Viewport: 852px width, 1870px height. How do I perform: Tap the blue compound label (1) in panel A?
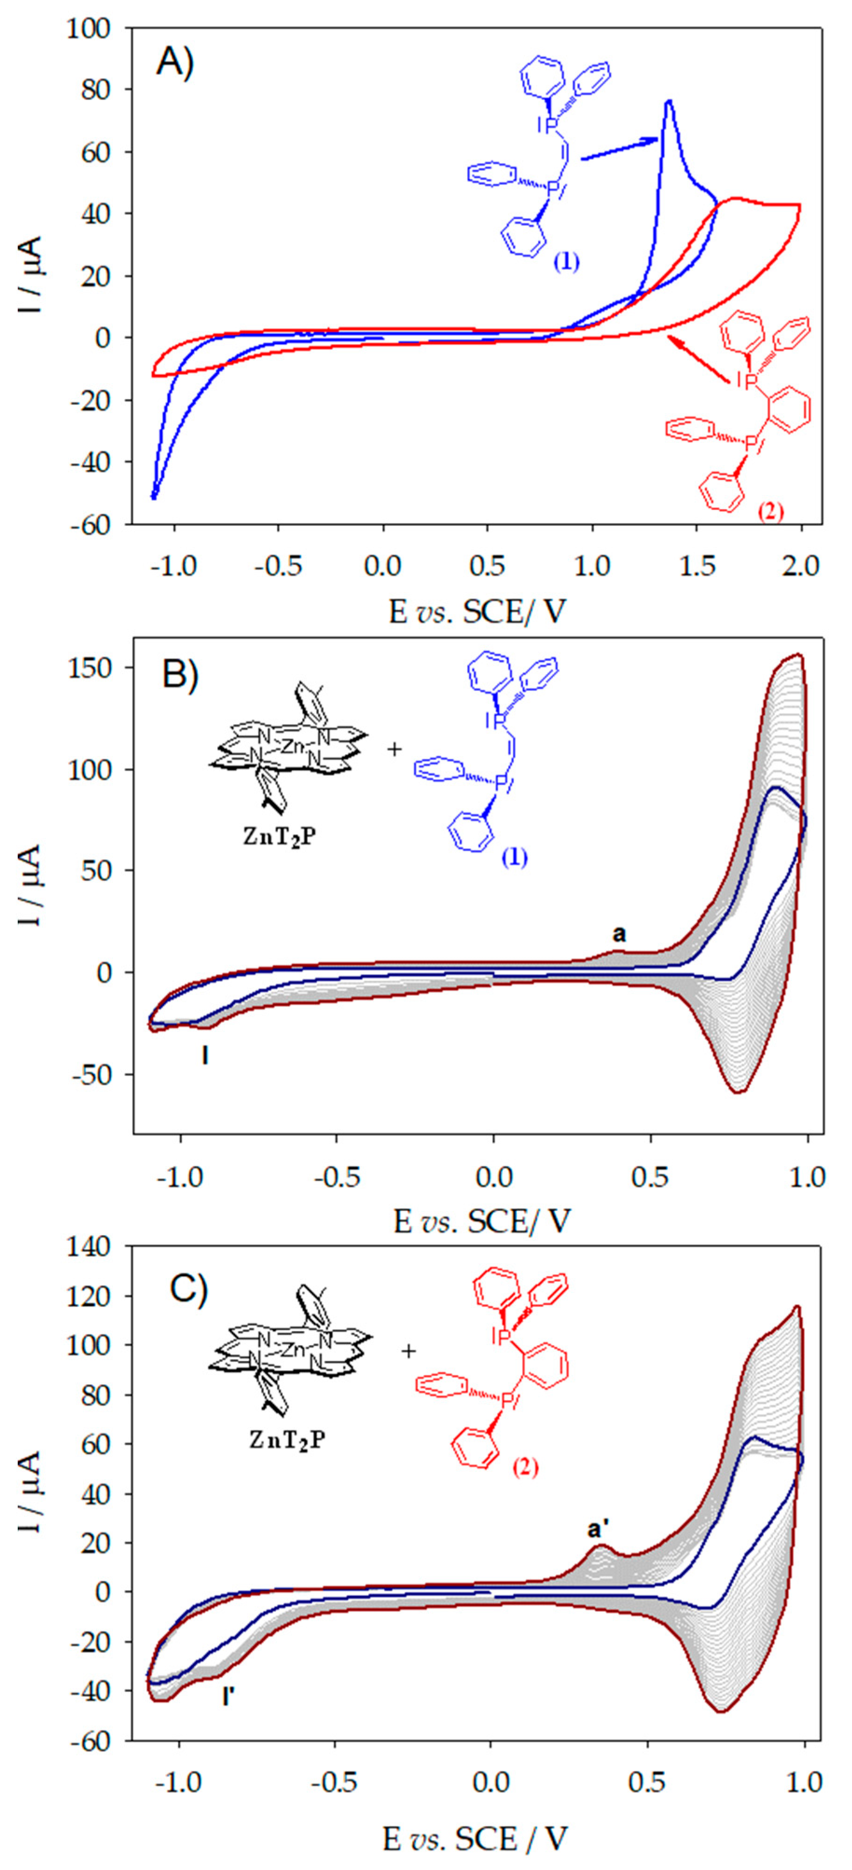(567, 261)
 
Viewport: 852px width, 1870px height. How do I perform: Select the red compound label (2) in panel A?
(770, 512)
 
